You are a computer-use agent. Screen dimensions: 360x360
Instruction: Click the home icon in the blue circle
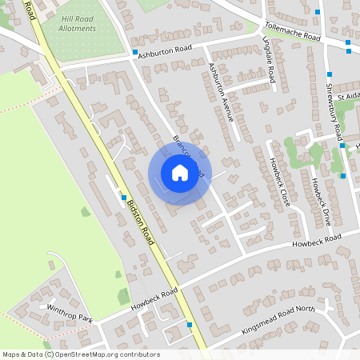click(x=180, y=173)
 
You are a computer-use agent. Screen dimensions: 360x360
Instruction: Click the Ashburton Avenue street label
click(x=220, y=91)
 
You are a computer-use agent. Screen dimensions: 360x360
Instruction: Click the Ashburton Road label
click(x=166, y=51)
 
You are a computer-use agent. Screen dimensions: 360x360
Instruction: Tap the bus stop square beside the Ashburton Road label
click(x=134, y=53)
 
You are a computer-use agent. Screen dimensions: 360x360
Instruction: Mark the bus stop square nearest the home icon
click(x=124, y=197)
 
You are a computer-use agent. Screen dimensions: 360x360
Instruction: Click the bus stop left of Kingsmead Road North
click(x=190, y=325)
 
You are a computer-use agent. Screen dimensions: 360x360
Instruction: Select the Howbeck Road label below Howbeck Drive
click(x=316, y=239)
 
